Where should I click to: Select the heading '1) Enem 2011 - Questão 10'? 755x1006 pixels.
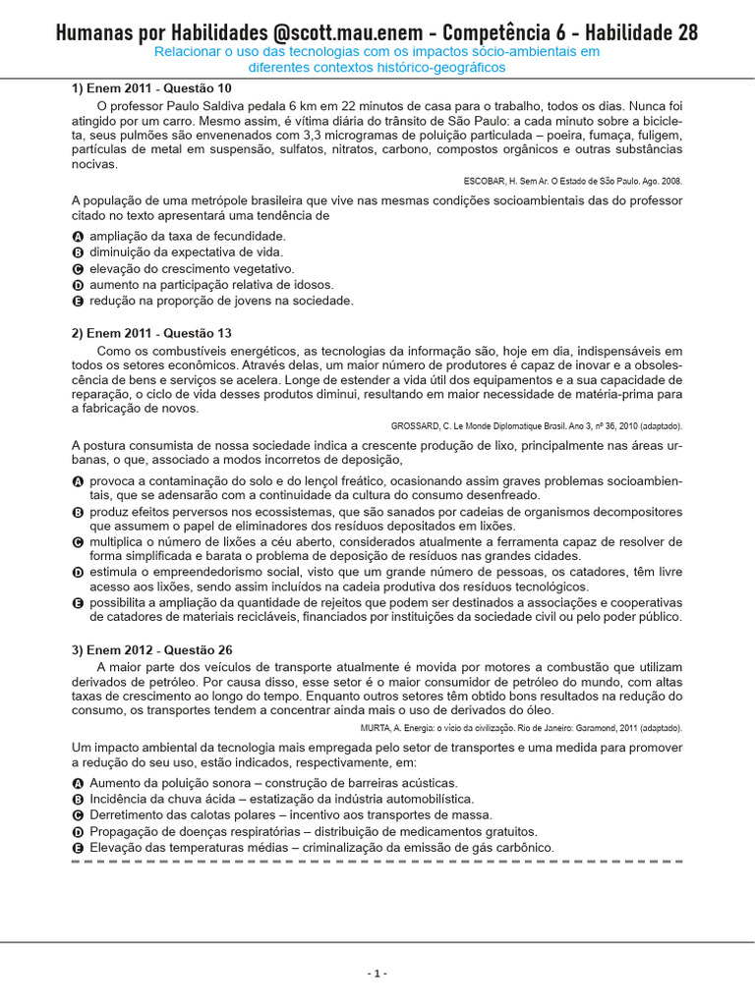(151, 88)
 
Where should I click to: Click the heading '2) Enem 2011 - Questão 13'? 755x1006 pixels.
(151, 333)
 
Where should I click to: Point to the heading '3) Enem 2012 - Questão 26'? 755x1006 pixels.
(151, 649)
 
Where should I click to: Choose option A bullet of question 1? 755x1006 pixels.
(79, 237)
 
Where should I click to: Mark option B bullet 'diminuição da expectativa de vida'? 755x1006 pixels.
(79, 252)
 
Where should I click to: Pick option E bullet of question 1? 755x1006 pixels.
(79, 302)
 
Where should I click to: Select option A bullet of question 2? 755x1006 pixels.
(79, 481)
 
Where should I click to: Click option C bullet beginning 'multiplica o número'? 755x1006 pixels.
(79, 542)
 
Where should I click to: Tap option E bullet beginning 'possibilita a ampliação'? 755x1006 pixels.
(79, 602)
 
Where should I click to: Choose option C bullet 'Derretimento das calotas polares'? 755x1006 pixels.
(79, 815)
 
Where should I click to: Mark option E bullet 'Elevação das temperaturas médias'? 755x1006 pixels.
(79, 847)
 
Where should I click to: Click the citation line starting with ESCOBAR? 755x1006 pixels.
(572, 181)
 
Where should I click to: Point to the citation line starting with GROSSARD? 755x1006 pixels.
(536, 426)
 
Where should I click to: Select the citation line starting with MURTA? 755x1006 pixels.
(536, 728)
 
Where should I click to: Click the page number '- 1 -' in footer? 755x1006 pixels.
(377, 974)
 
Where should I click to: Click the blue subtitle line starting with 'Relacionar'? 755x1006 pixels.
(377, 51)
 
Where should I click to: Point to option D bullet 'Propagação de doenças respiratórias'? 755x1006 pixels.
(79, 831)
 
